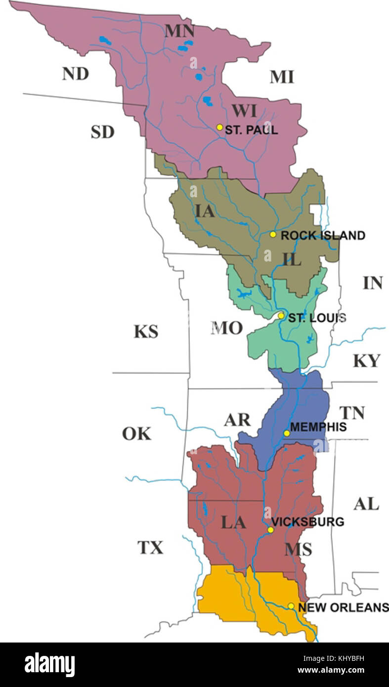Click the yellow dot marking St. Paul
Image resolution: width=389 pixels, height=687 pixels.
pyautogui.click(x=220, y=127)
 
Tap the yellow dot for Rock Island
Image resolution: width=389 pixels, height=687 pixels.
pyautogui.click(x=273, y=234)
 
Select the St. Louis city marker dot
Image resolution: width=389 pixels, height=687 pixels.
pyautogui.click(x=281, y=315)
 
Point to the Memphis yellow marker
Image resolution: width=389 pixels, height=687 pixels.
pyautogui.click(x=287, y=433)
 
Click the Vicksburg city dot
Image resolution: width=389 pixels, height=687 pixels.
pyautogui.click(x=270, y=530)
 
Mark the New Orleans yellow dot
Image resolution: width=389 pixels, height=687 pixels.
pyautogui.click(x=291, y=606)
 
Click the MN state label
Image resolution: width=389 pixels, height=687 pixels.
pyautogui.click(x=179, y=31)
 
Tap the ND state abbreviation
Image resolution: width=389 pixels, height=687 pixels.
pyautogui.click(x=75, y=74)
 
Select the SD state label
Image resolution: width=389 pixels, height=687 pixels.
pyautogui.click(x=102, y=132)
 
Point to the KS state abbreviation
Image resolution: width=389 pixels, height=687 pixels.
pyautogui.click(x=146, y=331)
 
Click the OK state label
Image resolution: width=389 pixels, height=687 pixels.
pyautogui.click(x=136, y=433)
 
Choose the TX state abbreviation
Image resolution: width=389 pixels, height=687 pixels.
pyautogui.click(x=150, y=548)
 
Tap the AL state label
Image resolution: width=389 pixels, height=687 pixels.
pyautogui.click(x=366, y=504)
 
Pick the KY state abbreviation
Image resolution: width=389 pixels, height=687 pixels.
pyautogui.click(x=366, y=361)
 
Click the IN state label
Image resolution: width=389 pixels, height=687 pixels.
pyautogui.click(x=373, y=283)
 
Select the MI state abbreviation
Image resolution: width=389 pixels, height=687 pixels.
pyautogui.click(x=282, y=77)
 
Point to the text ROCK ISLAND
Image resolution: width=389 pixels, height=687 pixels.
pyautogui.click(x=323, y=235)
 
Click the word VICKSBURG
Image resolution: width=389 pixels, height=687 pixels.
pyautogui.click(x=308, y=522)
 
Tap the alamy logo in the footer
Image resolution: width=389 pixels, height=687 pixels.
pyautogui.click(x=49, y=664)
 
